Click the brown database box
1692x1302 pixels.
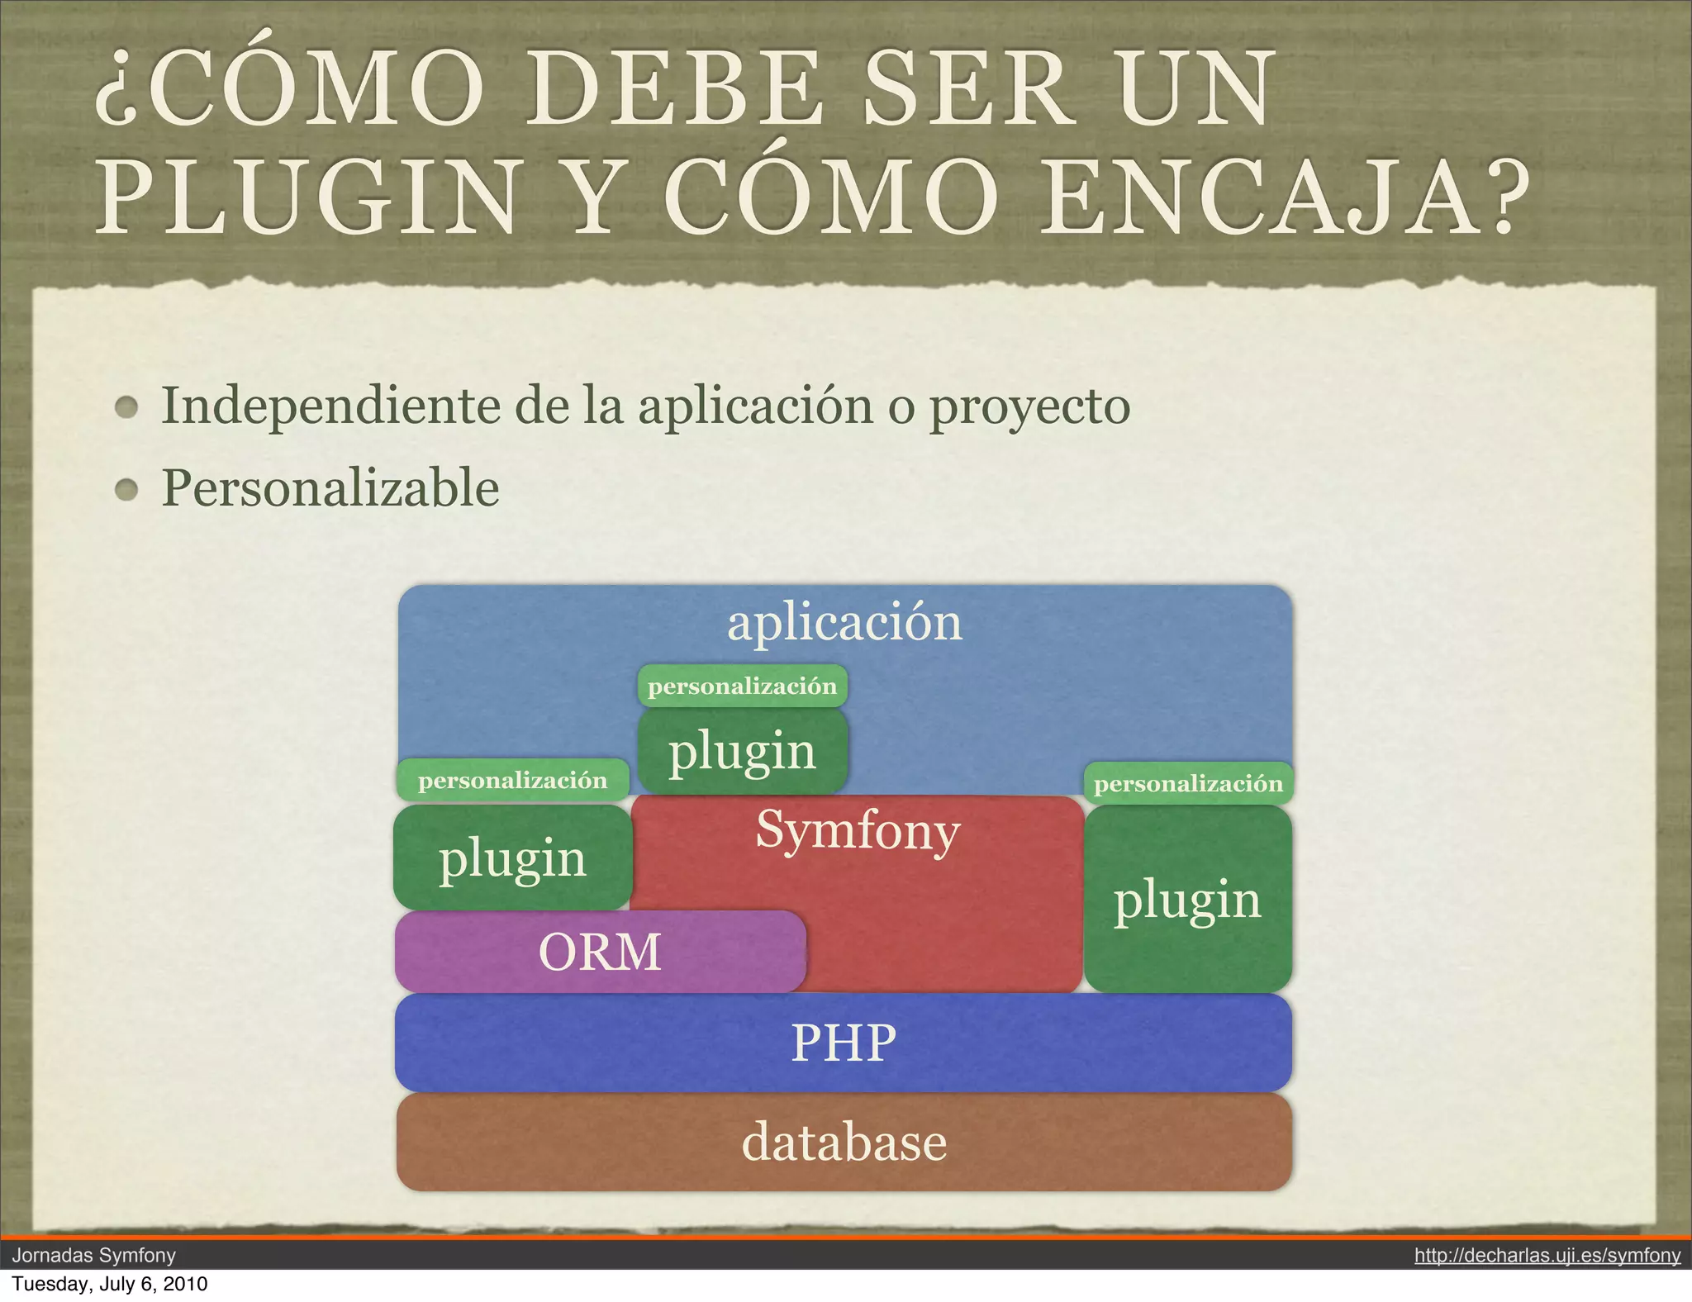tap(844, 1143)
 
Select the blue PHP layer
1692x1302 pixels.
tap(844, 1043)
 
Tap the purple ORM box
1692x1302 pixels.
tap(600, 952)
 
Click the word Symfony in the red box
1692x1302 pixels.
tap(858, 830)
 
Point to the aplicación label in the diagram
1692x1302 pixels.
tap(844, 622)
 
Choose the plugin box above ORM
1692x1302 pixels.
tap(512, 858)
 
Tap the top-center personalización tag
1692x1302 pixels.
tap(742, 687)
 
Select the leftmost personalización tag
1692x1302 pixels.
tap(512, 781)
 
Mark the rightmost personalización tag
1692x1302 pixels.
tap(1188, 784)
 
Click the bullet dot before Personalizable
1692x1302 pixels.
tap(126, 490)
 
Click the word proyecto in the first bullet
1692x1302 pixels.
tap(1029, 407)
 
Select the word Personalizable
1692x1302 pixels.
tap(330, 487)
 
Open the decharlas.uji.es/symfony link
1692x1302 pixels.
tap(1547, 1256)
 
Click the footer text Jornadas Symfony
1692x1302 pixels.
tap(93, 1256)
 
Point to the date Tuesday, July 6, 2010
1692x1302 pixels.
tap(109, 1284)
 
